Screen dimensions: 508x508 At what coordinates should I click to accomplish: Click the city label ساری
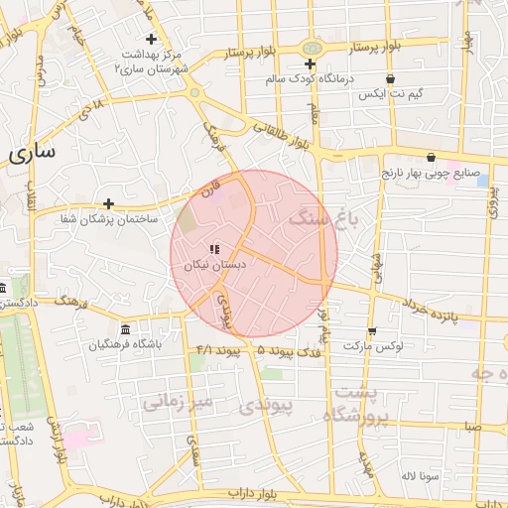(32, 154)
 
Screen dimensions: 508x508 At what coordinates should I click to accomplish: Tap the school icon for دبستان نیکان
(214, 250)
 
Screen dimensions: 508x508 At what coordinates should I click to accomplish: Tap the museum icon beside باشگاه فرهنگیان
(125, 329)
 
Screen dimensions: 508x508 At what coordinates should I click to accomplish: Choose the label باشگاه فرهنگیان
(124, 345)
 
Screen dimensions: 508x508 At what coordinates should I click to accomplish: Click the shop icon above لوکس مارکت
(372, 331)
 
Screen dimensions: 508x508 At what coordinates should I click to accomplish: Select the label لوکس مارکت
(369, 346)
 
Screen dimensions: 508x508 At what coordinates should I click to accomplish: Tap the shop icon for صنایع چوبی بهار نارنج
(431, 157)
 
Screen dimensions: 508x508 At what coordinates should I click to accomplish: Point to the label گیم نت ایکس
(389, 94)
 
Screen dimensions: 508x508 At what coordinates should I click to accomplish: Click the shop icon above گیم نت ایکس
(389, 79)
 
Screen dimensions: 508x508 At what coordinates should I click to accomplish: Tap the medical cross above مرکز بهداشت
(151, 39)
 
